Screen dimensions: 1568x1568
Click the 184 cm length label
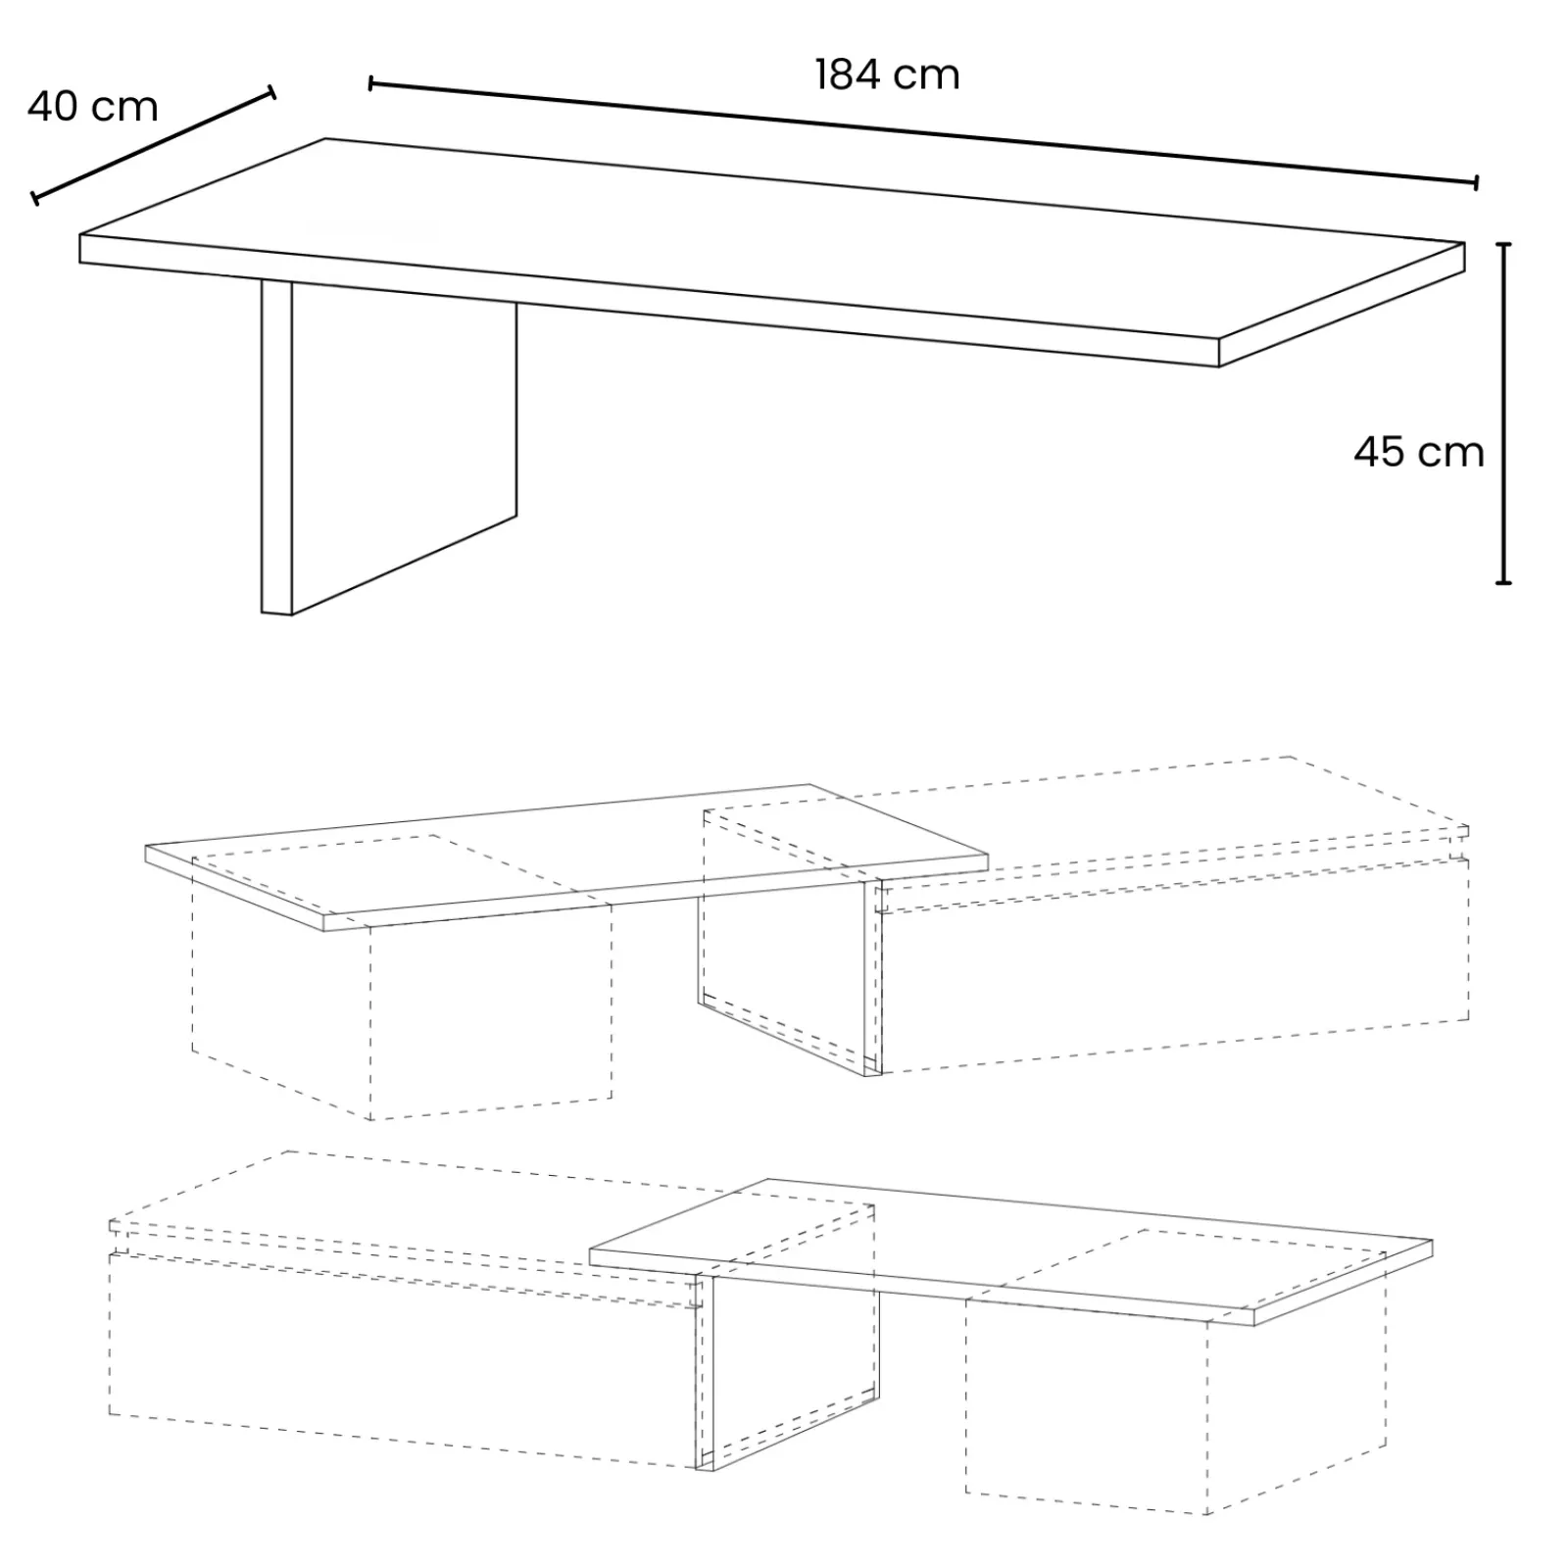[887, 75]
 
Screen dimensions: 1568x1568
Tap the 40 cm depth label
[92, 107]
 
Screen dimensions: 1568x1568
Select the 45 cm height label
[1418, 452]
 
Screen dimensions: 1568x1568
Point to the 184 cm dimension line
[921, 132]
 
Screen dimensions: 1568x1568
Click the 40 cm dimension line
[154, 145]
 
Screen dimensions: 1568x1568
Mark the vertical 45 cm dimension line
[1504, 412]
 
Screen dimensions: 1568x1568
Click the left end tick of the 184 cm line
[370, 83]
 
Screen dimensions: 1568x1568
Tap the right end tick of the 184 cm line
[1476, 182]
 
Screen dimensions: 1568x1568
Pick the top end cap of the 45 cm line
[1504, 244]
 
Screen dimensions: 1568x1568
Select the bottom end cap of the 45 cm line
[1504, 583]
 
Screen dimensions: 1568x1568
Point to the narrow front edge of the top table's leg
[276, 446]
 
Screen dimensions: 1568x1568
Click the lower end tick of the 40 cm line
[35, 199]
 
